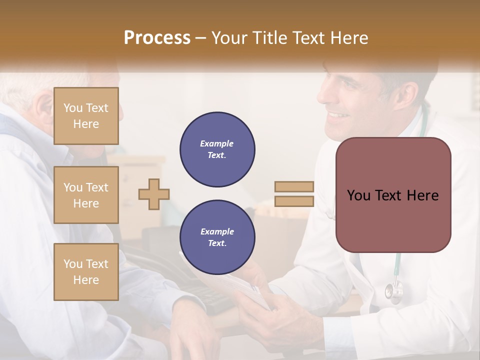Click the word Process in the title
pos(157,38)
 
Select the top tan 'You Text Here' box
pos(86,116)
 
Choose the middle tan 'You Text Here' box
pos(86,195)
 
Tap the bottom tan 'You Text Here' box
pos(86,272)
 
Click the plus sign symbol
pos(154,194)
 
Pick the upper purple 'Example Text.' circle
pos(217,149)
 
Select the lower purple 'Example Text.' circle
pos(217,237)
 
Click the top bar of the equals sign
pos(294,187)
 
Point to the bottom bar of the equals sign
pos(294,201)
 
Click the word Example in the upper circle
pos(217,143)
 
